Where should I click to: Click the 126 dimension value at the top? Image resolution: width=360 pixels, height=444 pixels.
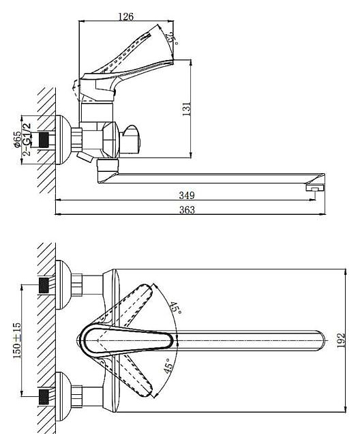click(x=125, y=16)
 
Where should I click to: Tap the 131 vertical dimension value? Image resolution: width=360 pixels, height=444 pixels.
click(x=187, y=109)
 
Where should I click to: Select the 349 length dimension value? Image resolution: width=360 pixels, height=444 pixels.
click(x=187, y=195)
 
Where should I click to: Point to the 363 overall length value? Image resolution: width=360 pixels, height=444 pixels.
click(x=187, y=210)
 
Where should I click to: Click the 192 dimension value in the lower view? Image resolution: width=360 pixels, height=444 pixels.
click(x=342, y=340)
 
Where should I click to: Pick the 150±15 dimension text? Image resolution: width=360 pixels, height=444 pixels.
click(x=17, y=340)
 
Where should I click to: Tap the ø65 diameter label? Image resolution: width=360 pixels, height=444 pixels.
click(x=17, y=139)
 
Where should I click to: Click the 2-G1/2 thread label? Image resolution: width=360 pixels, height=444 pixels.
click(x=27, y=139)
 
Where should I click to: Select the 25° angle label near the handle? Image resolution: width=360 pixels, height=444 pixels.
click(x=172, y=38)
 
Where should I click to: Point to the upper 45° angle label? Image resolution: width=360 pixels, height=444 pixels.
click(x=175, y=308)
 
